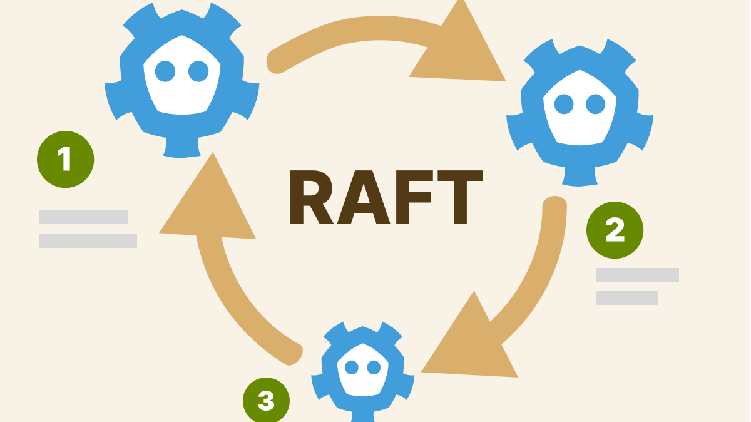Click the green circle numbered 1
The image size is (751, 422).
click(66, 160)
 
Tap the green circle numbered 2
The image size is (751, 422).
click(615, 230)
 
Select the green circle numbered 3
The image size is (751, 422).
click(267, 400)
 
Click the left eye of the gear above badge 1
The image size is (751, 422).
click(165, 71)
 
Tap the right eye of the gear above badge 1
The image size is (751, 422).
click(198, 71)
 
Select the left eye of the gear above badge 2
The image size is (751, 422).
click(564, 104)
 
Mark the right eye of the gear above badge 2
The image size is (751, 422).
click(595, 104)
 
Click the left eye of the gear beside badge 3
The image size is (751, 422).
click(352, 368)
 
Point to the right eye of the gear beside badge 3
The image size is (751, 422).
click(374, 368)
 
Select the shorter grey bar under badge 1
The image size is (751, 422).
click(83, 217)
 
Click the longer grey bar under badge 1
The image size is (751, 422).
click(88, 240)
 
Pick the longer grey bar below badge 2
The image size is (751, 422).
click(637, 275)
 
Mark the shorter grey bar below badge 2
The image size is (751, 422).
click(627, 297)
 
